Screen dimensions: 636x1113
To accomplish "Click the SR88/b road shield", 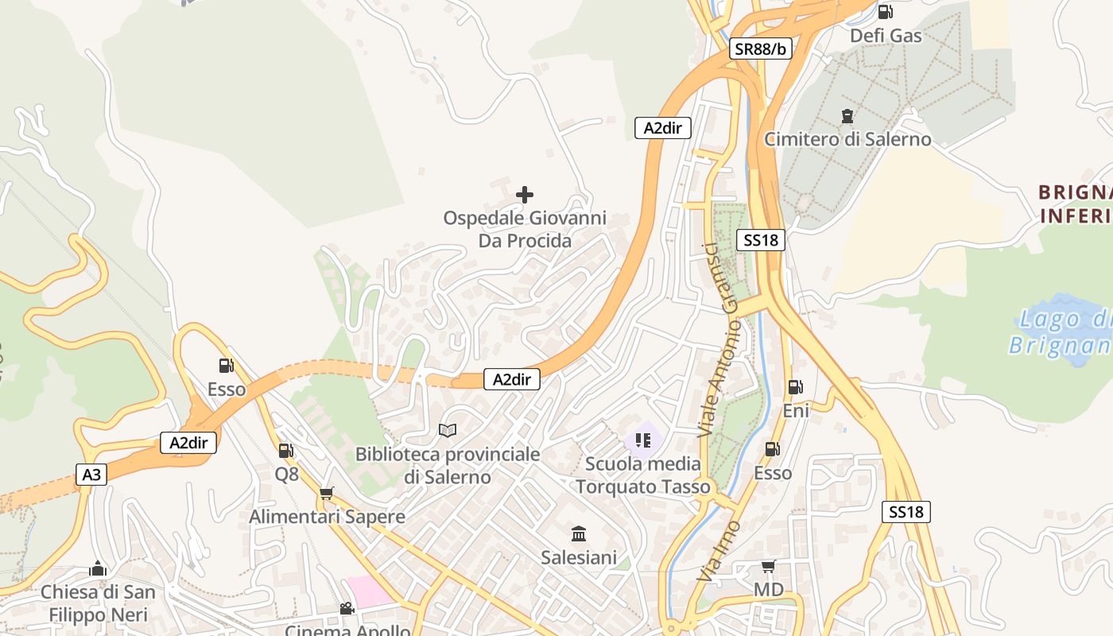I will click(x=761, y=49).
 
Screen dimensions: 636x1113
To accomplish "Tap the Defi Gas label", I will click(x=886, y=36).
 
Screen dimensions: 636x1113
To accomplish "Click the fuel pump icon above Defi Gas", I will click(x=885, y=12).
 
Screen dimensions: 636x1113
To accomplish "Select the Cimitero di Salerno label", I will click(x=847, y=139).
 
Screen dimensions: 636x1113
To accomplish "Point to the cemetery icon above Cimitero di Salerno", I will click(x=847, y=116).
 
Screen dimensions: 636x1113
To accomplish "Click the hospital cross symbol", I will click(x=525, y=194).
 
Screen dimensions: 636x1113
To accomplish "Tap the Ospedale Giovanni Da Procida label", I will click(x=525, y=229).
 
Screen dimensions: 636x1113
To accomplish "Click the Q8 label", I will click(x=286, y=474).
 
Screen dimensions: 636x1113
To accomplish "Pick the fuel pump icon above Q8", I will click(x=285, y=451).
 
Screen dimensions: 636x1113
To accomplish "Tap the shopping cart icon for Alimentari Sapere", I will click(x=326, y=494).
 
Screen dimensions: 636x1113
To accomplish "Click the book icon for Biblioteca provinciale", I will click(x=448, y=430).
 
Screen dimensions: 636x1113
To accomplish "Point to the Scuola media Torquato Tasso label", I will click(x=643, y=475).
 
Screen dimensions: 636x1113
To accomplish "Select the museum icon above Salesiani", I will click(x=579, y=533).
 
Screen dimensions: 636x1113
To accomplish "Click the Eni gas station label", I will click(x=796, y=410).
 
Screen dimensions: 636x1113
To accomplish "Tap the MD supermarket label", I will click(x=768, y=590).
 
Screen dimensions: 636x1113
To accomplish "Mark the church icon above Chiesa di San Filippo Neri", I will click(x=98, y=568).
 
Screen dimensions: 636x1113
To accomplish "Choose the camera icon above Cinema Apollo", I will click(x=347, y=609).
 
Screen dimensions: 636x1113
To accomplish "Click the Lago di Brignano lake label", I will click(x=1061, y=332).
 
